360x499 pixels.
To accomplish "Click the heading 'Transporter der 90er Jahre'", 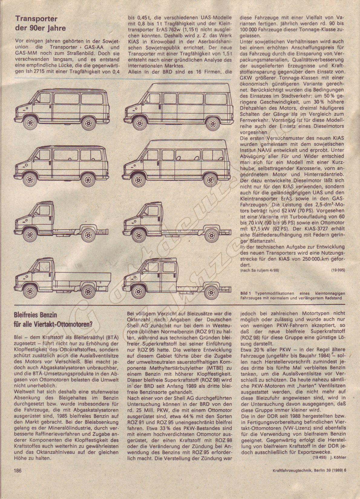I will coord(41,24).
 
